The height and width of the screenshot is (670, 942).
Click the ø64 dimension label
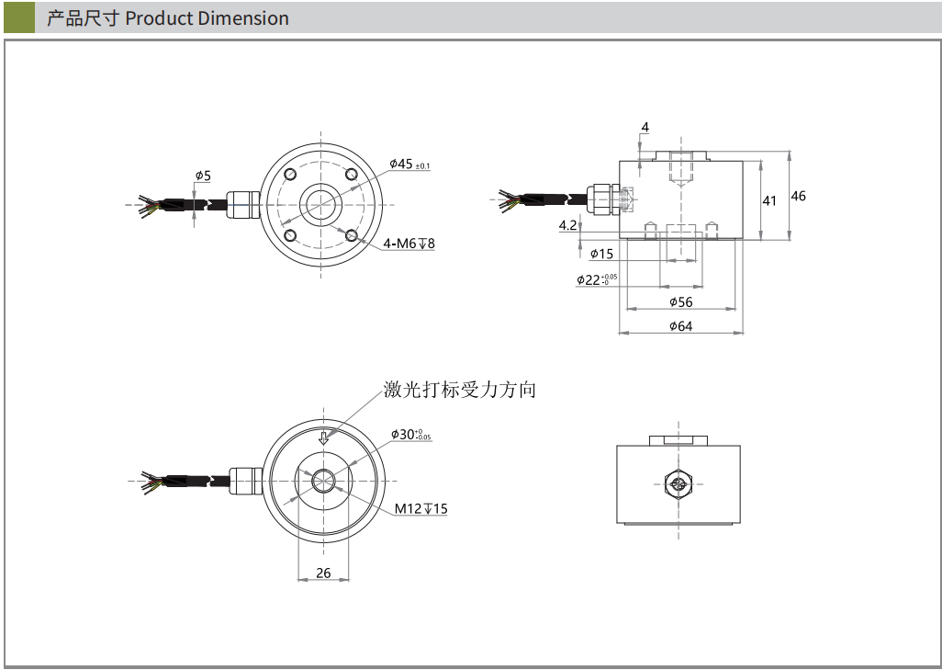[x=680, y=325]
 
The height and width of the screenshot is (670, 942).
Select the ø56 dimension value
[x=680, y=301]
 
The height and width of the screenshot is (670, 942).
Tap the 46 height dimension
[x=798, y=196]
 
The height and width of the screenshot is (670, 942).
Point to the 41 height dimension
[x=769, y=200]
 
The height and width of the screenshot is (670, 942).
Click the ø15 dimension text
[x=601, y=254]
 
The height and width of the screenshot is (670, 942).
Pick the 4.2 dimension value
[x=567, y=225]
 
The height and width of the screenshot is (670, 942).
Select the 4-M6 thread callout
[x=409, y=244]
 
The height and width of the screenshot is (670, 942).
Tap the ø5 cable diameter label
[x=203, y=175]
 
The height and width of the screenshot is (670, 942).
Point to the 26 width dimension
[x=323, y=573]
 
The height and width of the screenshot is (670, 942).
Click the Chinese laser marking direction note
[x=459, y=391]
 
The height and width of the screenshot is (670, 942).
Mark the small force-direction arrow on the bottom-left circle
[x=323, y=437]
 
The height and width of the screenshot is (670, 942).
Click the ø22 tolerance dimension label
[x=597, y=279]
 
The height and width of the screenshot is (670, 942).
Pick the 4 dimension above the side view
[x=645, y=127]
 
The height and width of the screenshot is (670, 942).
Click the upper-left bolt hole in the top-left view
[x=290, y=175]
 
